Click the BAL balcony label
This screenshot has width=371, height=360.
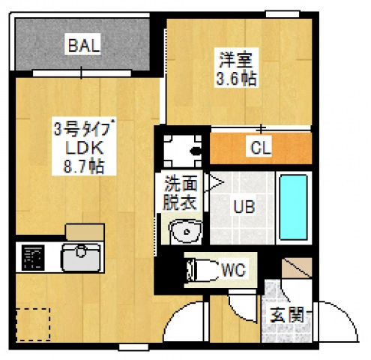pyautogui.click(x=83, y=45)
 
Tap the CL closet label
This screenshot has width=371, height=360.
pyautogui.click(x=260, y=146)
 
